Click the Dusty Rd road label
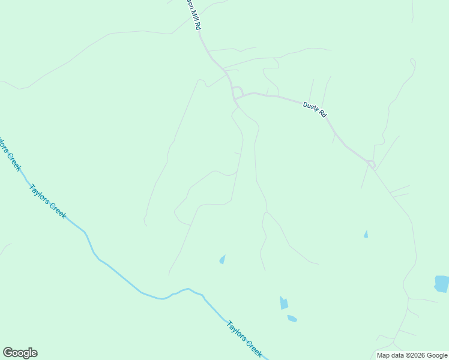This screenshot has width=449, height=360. (315, 110)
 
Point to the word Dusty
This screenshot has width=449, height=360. (310, 107)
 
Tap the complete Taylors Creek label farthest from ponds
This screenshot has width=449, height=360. (47, 201)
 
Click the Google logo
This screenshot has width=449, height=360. (20, 353)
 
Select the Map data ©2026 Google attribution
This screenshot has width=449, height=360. (412, 355)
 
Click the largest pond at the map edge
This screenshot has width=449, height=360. (442, 283)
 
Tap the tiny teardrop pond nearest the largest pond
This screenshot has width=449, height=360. (366, 234)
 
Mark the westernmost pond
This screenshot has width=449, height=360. (222, 259)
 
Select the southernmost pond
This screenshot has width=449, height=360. (292, 319)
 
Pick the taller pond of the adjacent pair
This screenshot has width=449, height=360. (284, 303)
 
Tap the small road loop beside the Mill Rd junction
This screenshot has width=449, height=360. (238, 91)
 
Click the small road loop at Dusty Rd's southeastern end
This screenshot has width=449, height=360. (372, 164)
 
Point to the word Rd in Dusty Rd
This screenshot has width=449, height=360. (322, 113)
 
